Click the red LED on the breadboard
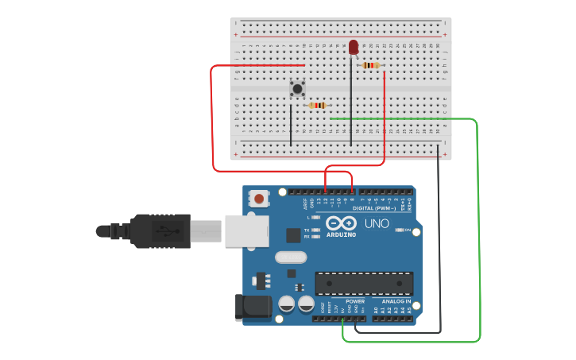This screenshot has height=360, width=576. pos(353,48)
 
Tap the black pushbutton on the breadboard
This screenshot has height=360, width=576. pos(297,88)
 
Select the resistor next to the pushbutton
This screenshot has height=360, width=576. pos(318,105)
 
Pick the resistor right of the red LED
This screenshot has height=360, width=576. pos(369,65)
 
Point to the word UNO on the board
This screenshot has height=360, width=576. pos(377,223)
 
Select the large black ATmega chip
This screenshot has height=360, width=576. pos(364,283)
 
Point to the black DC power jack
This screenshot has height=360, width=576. pos(248,308)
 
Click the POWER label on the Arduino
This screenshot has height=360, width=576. pos(355,301)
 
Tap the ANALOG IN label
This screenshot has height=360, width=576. pos(396,301)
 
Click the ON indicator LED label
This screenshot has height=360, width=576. pos(408,230)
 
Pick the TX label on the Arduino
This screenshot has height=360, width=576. pos(307,230)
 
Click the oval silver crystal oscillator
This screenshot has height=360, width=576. pos(291,257)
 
